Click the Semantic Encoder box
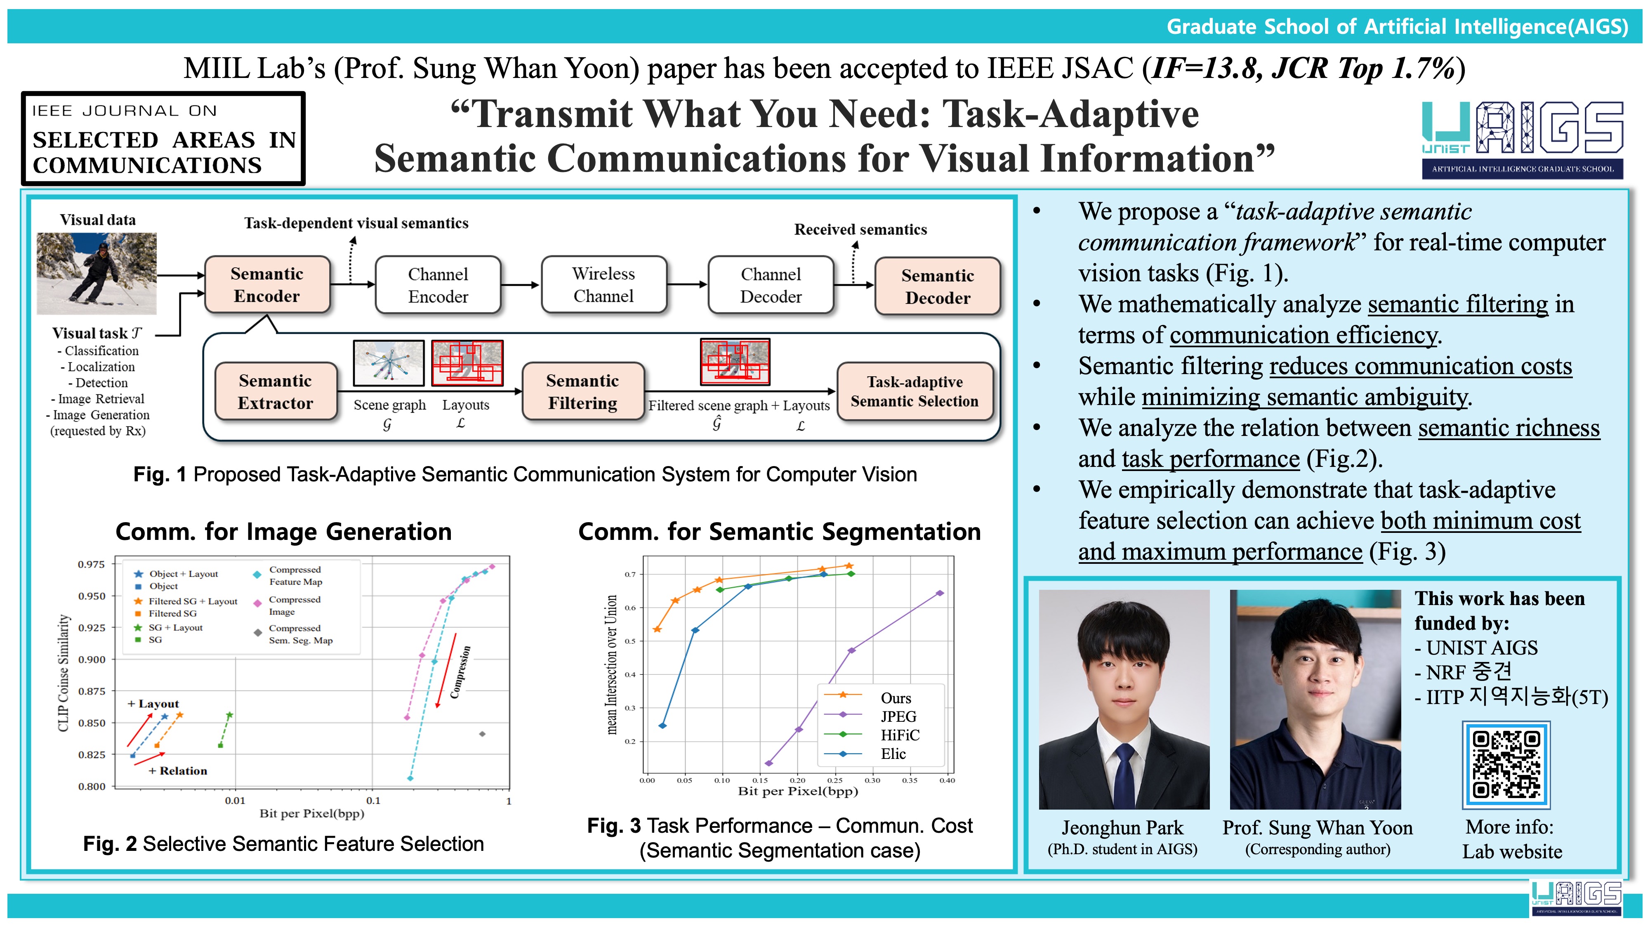click(267, 285)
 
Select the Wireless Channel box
click(603, 285)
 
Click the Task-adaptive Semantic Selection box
click(915, 391)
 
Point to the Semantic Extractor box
click(276, 391)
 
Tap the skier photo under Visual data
click(97, 273)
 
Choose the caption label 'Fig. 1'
click(160, 475)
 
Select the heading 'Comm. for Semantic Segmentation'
click(780, 532)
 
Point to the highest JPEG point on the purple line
click(940, 593)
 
